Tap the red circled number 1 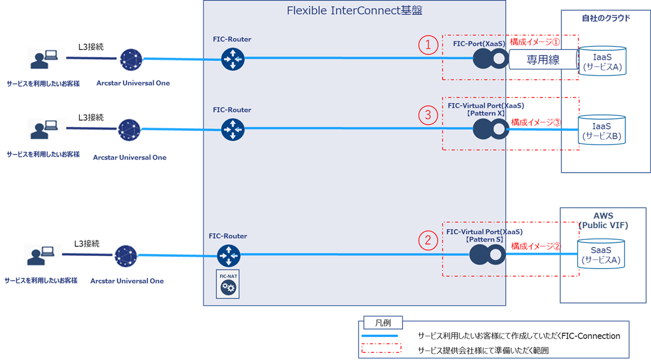[429, 45]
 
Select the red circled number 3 [429, 115]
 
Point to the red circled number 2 [429, 240]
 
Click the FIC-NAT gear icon [228, 286]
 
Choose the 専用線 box [543, 60]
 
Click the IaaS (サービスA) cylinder [602, 61]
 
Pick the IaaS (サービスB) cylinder [602, 129]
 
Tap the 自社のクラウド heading [605, 18]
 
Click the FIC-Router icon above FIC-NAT [228, 255]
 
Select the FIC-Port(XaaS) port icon [491, 58]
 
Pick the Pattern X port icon [491, 128]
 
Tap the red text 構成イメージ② [535, 246]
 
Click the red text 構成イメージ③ [535, 122]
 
